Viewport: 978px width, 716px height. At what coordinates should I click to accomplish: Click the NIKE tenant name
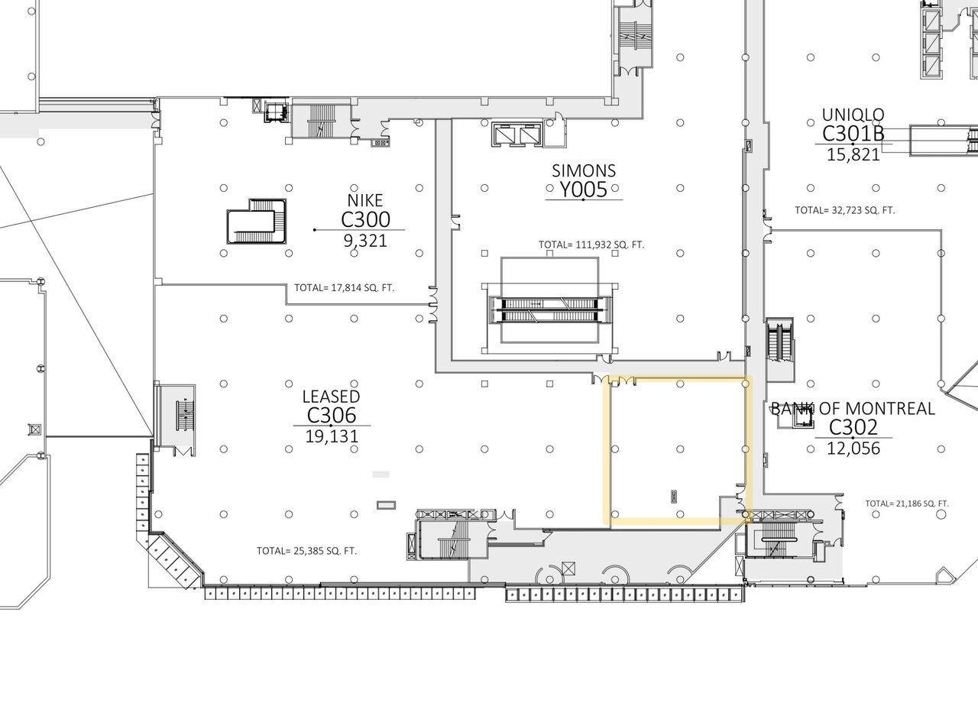365,200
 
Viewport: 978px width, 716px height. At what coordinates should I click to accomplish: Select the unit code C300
365,219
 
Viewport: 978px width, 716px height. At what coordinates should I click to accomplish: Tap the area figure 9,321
365,241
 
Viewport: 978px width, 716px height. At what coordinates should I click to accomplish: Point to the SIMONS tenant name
584,170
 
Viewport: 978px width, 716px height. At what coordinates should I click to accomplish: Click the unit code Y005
584,190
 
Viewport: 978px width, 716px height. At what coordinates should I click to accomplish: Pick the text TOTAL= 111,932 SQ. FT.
591,245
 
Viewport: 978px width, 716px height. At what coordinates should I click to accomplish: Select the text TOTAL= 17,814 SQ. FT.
344,288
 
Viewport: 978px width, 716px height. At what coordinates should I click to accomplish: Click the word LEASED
331,397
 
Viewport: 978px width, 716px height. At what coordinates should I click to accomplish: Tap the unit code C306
332,415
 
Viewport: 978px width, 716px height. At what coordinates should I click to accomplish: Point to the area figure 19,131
332,436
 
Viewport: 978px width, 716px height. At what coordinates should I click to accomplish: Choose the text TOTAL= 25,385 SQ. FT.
306,551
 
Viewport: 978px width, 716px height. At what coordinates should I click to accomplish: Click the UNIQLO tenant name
853,115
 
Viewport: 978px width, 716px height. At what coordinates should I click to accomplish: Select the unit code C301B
853,134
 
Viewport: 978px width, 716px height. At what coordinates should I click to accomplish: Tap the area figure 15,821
853,155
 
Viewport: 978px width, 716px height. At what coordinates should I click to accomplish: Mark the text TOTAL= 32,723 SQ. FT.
845,210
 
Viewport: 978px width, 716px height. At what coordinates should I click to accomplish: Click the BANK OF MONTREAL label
853,409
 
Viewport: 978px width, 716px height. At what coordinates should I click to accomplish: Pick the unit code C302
853,427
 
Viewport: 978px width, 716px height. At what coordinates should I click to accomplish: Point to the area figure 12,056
853,449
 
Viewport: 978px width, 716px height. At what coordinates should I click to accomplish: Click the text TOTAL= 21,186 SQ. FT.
907,504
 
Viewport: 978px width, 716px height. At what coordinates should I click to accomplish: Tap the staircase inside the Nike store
257,221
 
